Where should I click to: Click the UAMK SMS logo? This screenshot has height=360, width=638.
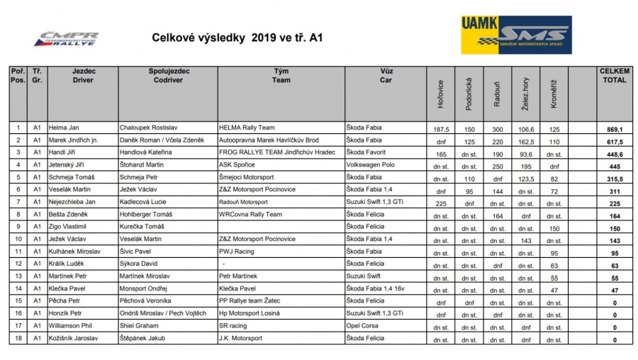coord(515,35)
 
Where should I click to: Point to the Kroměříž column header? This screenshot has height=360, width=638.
coord(553,94)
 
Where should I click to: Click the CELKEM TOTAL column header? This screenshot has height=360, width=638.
coord(614,76)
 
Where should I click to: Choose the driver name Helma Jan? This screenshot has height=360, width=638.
coord(65,128)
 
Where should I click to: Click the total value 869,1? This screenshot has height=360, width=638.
coord(614,129)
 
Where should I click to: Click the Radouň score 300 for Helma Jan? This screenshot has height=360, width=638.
coord(497,129)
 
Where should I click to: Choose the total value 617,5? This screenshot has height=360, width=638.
coord(614,141)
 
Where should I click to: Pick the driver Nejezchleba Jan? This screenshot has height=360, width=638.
coord(72,202)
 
